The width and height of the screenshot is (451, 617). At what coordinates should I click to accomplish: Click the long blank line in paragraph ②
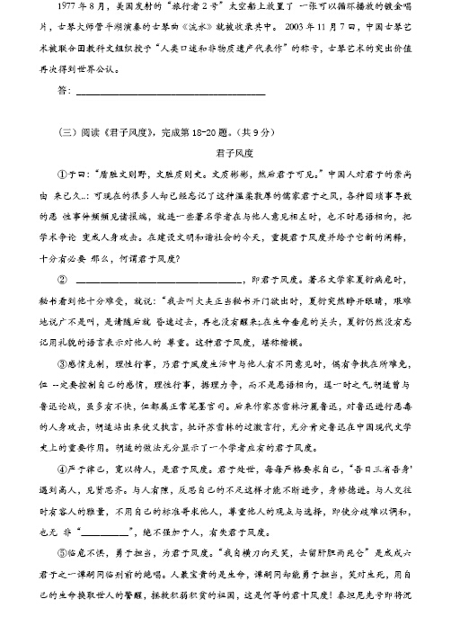[170, 281]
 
